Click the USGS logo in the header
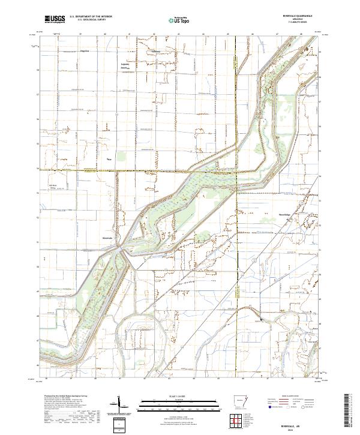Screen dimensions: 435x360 55,19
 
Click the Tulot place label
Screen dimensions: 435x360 109,160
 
